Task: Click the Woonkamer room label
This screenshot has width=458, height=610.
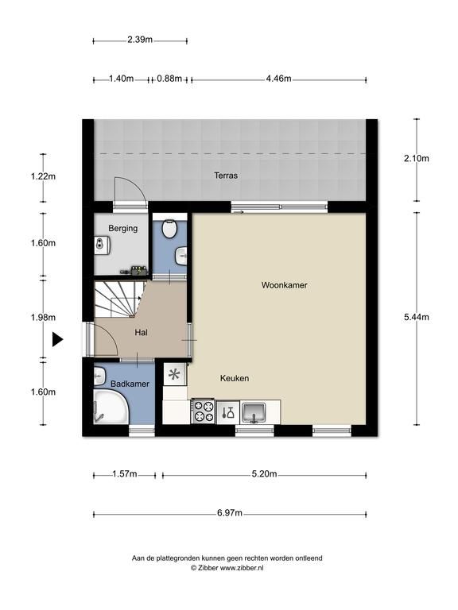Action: coord(284,285)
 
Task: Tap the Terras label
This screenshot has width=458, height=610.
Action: coord(226,176)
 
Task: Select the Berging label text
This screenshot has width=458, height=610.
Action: coord(122,229)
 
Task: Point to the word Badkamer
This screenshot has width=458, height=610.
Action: coord(130,384)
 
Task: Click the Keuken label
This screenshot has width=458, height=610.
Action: coord(235,378)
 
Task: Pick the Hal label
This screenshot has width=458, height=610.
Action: coord(141,333)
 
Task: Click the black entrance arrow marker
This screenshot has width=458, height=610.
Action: coord(57,340)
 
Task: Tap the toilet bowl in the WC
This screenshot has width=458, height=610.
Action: coord(169,229)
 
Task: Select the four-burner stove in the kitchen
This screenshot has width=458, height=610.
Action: coord(203,411)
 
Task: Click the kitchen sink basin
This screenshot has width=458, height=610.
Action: coord(254,412)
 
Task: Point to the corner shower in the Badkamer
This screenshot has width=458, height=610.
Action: coord(111,407)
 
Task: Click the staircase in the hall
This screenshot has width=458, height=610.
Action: coord(118,299)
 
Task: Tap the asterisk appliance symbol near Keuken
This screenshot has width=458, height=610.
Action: coord(174,375)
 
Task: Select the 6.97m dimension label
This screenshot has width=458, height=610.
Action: coord(230,513)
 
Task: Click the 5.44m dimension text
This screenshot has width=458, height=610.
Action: coord(417,317)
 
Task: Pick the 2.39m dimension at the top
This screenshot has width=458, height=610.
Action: coord(140,39)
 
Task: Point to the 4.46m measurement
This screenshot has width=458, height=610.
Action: coord(278,79)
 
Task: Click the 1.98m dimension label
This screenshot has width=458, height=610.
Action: coord(43,318)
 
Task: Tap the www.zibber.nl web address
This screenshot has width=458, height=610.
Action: coord(242,568)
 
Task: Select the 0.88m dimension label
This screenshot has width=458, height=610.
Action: coord(169,79)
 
